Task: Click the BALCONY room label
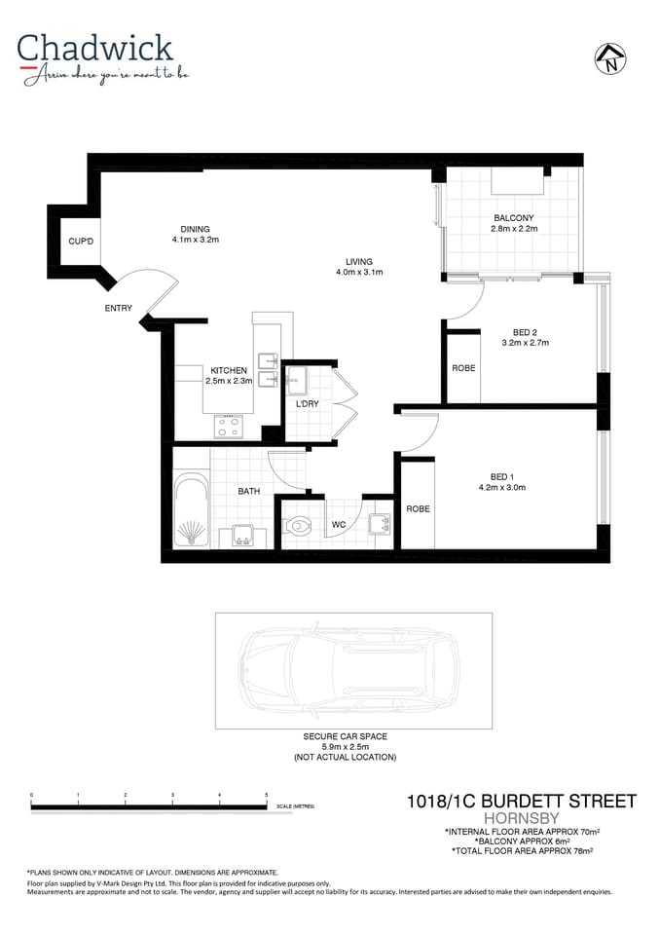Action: [514, 218]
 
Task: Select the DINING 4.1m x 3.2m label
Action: [196, 234]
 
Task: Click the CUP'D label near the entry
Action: [80, 241]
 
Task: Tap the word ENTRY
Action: [119, 309]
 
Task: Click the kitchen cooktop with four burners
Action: [229, 425]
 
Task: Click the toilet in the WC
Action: [299, 526]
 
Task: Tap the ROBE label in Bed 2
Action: [463, 368]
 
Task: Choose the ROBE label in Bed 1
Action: [418, 509]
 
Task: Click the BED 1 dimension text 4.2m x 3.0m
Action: [501, 488]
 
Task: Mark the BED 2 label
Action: [525, 332]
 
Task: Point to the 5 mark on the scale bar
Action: [266, 796]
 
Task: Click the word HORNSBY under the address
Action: [522, 818]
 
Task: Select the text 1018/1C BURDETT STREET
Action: [521, 802]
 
